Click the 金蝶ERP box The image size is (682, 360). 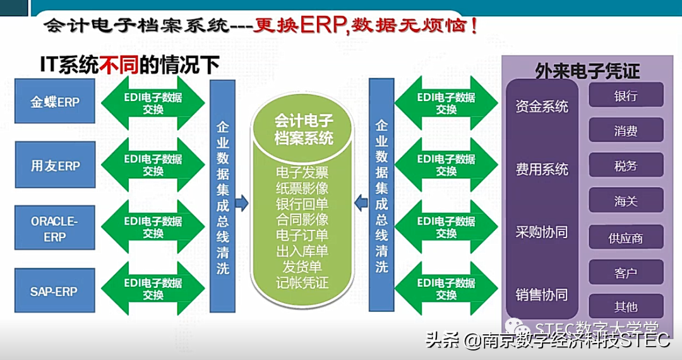[x=55, y=101]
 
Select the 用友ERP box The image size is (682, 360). [x=55, y=165]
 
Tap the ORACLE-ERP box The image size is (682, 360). [x=55, y=229]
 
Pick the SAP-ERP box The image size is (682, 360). [x=55, y=291]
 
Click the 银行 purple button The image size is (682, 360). [x=626, y=96]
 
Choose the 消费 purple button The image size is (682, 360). [x=626, y=131]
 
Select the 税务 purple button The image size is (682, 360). [x=626, y=165]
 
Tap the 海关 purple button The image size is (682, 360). [x=626, y=201]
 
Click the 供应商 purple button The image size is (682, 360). [x=626, y=238]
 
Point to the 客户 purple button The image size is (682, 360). [x=626, y=273]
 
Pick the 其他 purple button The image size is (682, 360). [x=626, y=307]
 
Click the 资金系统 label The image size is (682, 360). [x=542, y=106]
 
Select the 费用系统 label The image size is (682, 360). [x=542, y=169]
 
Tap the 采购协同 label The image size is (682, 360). [x=542, y=232]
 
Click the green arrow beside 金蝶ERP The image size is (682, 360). [x=153, y=102]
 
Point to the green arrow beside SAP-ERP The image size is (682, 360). [x=153, y=289]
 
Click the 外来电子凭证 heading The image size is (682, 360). [x=587, y=71]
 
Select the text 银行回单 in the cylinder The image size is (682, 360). [x=302, y=203]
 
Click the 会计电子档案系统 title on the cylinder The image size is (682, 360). [x=304, y=129]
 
